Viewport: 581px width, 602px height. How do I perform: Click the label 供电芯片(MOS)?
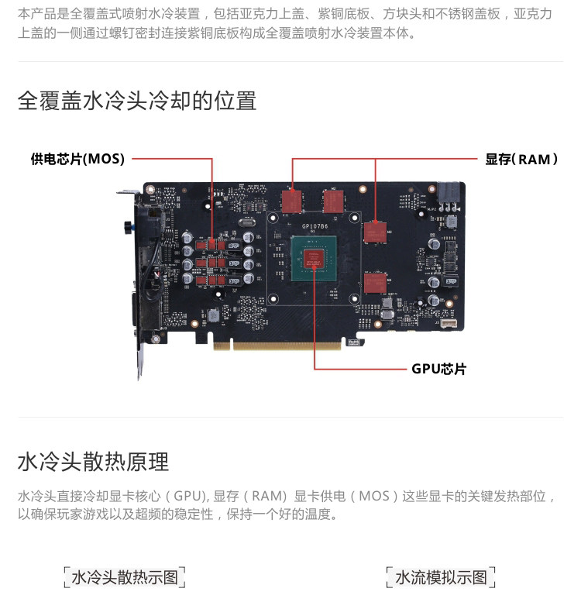pos(77,160)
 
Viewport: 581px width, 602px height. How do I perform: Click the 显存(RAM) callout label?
pos(521,160)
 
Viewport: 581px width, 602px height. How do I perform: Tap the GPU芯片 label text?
pos(438,369)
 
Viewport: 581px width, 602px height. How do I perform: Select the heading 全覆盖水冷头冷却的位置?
pos(137,101)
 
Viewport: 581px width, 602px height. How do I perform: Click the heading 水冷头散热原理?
pos(93,463)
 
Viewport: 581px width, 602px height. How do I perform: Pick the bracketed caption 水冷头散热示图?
pos(125,577)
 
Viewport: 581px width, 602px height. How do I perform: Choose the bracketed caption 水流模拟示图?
pos(441,577)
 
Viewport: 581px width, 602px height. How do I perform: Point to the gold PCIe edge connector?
pos(287,344)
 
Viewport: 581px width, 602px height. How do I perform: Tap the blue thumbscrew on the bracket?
pos(125,226)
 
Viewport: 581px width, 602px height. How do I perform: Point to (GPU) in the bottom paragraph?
pos(187,496)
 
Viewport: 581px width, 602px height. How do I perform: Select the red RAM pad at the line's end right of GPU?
pos(376,230)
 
